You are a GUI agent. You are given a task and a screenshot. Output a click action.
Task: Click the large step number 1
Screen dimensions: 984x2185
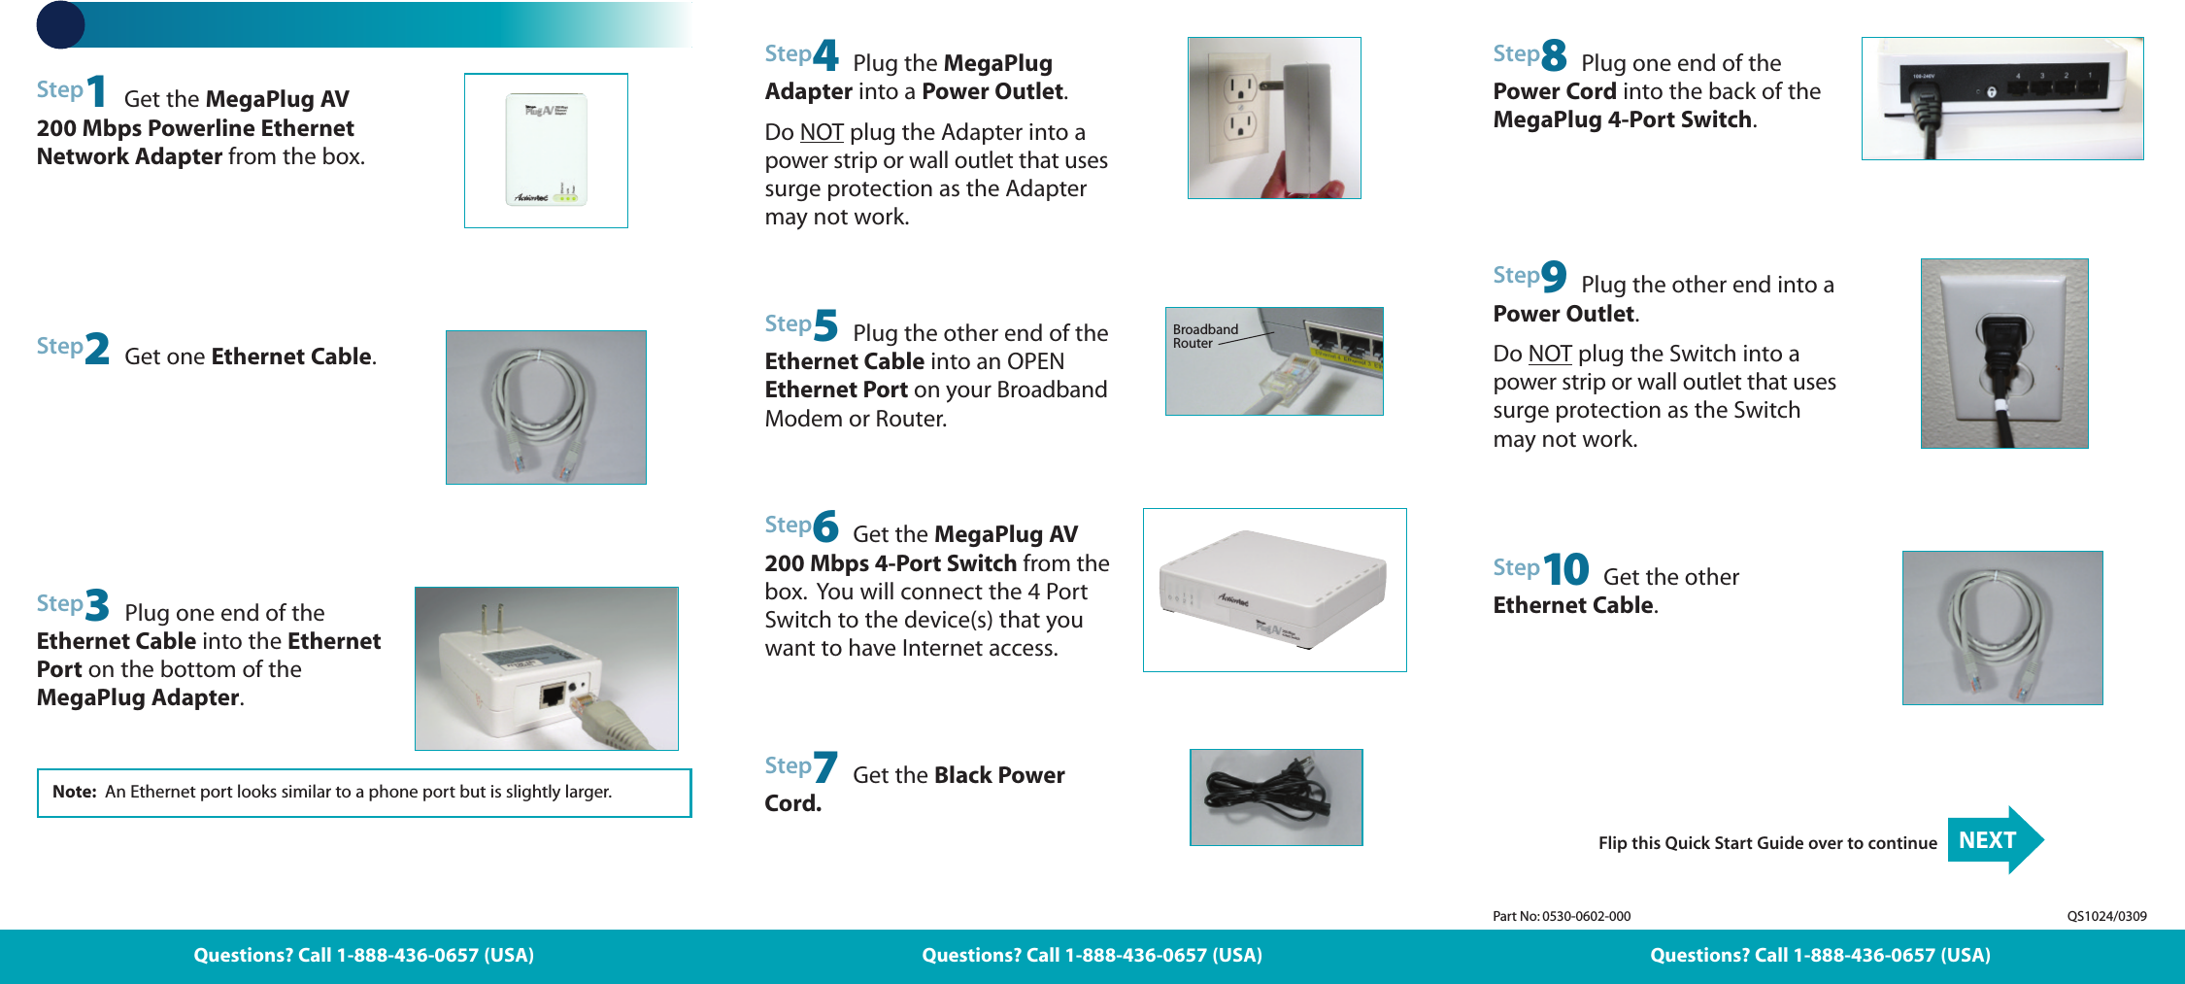96,91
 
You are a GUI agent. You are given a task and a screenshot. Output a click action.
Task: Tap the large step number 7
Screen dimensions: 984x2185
824,767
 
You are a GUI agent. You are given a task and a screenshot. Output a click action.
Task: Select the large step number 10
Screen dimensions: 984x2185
1565,569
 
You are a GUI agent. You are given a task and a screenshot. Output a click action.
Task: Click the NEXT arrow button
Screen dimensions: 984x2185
1994,840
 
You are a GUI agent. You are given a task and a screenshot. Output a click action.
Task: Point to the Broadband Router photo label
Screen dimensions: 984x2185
1205,336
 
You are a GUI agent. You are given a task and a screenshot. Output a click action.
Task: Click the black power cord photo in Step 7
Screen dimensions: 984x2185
1276,797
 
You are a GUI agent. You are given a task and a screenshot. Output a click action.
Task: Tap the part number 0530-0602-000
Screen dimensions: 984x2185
1586,916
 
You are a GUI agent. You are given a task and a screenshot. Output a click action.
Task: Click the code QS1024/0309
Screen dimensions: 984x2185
2106,916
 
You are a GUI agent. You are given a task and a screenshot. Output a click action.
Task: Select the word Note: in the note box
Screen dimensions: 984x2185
74,792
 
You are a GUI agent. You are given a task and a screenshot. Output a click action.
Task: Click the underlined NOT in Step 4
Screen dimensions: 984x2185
821,132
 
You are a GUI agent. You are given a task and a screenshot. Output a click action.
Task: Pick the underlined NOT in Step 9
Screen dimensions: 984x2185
1549,354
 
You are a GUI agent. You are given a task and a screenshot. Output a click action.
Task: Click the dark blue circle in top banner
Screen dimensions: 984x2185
60,24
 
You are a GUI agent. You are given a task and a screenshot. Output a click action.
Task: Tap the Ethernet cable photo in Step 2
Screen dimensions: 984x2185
546,407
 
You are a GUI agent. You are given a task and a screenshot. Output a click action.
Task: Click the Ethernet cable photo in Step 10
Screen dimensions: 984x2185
2002,628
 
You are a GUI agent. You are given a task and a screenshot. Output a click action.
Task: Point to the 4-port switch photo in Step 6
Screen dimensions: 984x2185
1274,590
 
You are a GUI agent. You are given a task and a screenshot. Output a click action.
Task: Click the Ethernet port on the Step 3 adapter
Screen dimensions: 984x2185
553,695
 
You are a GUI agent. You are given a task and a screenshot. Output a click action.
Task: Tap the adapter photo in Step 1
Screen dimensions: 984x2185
546,151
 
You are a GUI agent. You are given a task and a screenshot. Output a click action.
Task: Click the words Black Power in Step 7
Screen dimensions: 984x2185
999,775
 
